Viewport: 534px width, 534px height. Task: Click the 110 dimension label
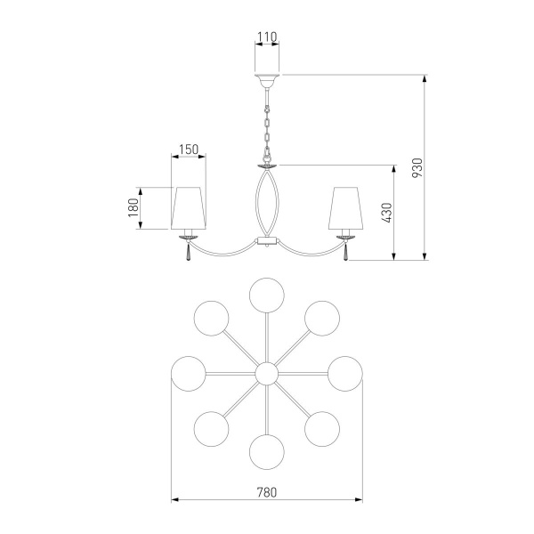pos(267,36)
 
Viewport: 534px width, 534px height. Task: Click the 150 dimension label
pos(189,150)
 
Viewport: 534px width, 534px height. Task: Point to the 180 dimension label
pos(133,207)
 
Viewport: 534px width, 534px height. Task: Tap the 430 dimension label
pos(386,213)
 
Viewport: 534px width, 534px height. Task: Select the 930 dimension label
pos(417,167)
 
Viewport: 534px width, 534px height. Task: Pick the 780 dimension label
pos(267,492)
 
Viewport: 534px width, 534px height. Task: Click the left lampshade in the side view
pos(189,208)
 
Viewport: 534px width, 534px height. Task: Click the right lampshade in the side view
pos(346,208)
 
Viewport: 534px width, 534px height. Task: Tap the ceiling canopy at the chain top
pos(267,80)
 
